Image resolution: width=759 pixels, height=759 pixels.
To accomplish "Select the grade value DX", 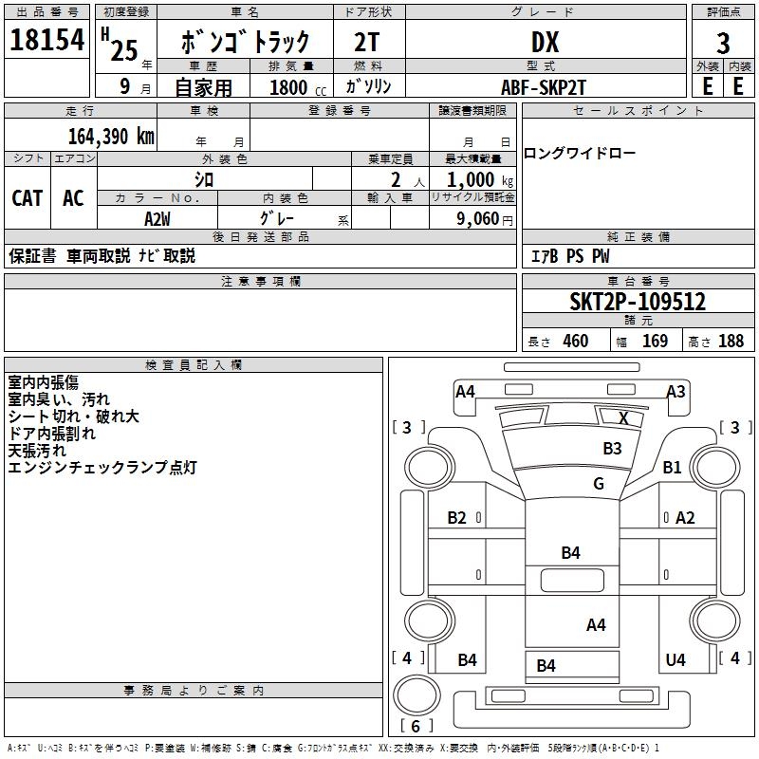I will [x=545, y=43].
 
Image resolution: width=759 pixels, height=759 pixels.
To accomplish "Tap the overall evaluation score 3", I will [x=723, y=44].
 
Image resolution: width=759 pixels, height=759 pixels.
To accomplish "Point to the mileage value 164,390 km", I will [x=111, y=136].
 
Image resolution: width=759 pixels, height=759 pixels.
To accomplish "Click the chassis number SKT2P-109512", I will [x=638, y=302].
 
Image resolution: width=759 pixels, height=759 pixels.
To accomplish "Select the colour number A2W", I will [x=157, y=218].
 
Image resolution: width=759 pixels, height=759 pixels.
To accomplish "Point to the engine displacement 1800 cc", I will [x=295, y=87].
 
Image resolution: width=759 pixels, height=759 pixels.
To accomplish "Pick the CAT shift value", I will [x=28, y=197].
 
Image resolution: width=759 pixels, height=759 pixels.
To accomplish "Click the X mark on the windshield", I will [x=623, y=417].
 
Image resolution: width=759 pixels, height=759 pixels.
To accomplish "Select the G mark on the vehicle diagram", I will [x=599, y=483].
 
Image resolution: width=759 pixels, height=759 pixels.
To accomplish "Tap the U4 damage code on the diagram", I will [x=676, y=659].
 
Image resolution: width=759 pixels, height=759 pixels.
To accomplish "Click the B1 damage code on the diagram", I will [x=673, y=467].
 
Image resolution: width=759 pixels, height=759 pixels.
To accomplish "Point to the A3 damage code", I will [x=676, y=391].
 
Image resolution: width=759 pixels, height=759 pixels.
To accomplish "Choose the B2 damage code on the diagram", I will [x=457, y=517].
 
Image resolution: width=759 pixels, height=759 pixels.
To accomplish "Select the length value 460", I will [x=575, y=342].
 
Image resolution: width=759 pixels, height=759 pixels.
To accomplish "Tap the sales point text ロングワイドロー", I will [x=580, y=154].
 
